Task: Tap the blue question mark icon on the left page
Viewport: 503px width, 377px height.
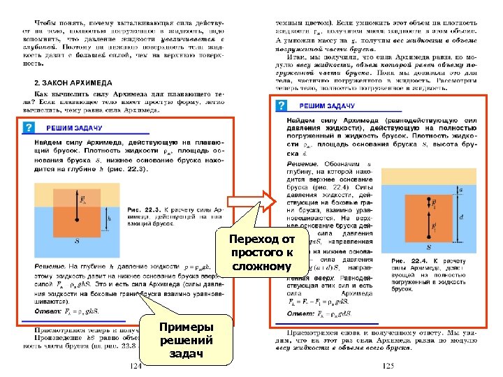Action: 29,128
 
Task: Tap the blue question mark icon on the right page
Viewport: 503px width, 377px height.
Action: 281,105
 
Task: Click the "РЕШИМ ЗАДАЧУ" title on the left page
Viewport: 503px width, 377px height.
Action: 75,128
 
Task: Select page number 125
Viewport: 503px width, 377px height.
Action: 388,366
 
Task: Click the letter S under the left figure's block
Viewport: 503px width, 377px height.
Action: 77,241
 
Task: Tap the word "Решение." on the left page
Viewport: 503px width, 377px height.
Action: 50,266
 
